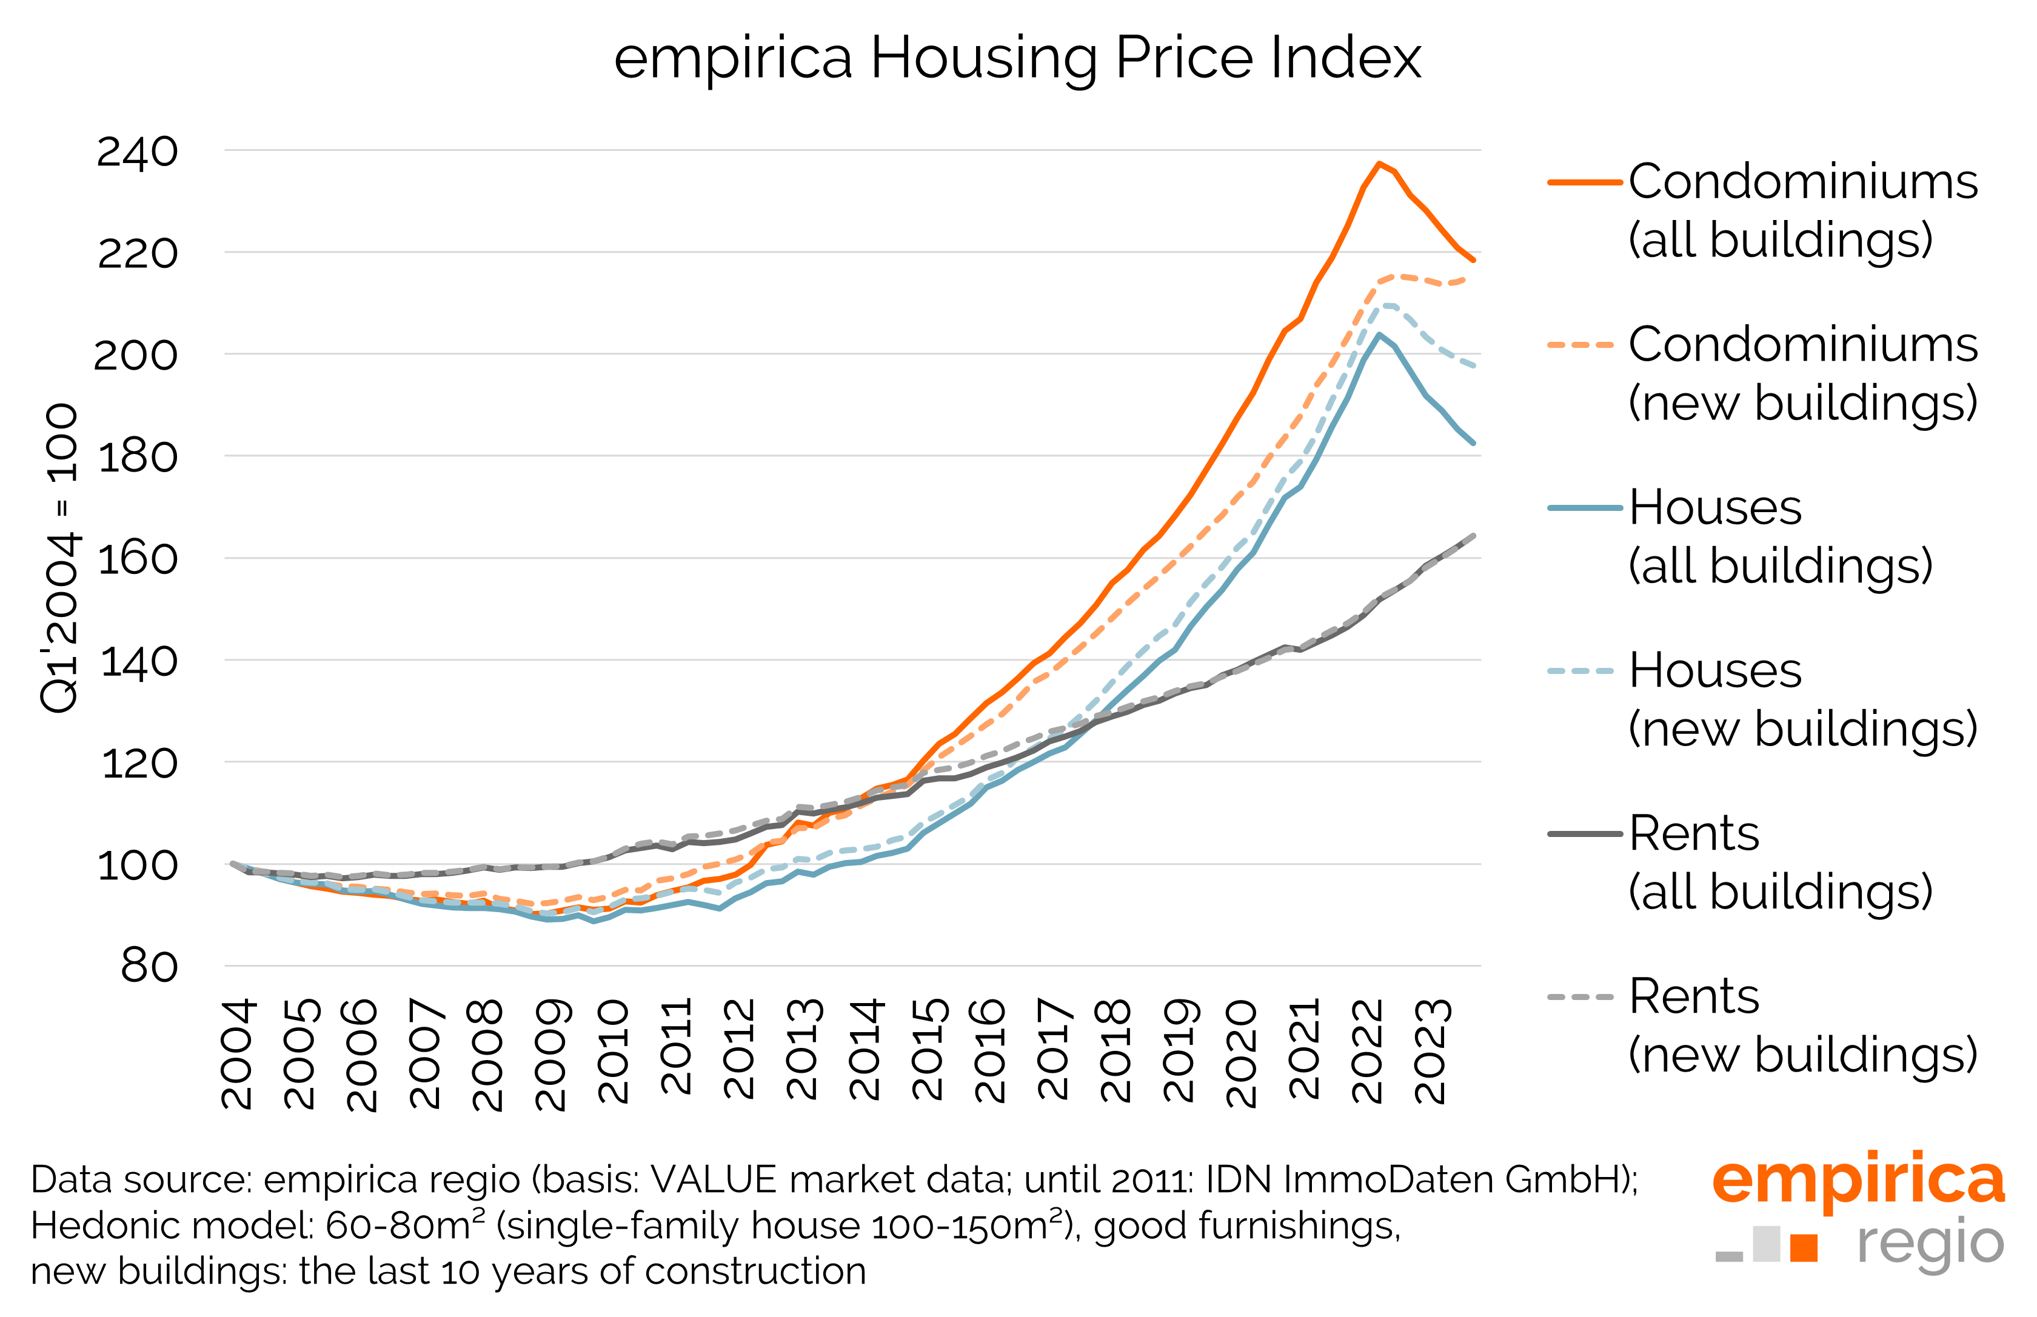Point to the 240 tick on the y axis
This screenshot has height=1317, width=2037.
(137, 152)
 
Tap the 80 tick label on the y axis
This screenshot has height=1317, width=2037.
(149, 967)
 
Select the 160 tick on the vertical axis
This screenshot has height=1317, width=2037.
(137, 559)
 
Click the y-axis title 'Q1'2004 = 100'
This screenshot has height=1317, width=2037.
(60, 558)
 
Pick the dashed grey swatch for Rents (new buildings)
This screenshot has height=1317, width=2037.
(1580, 997)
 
